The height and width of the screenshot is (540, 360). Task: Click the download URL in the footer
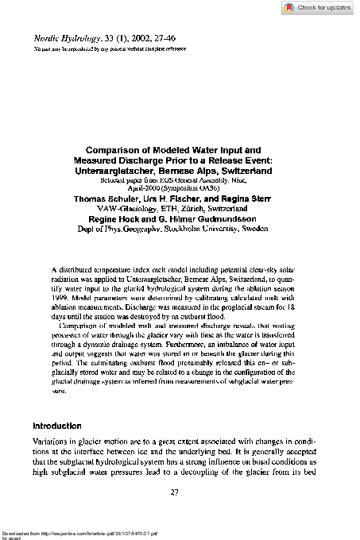tap(72, 530)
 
